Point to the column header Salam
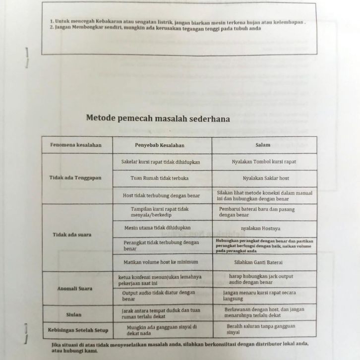point(263,145)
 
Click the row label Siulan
point(73,314)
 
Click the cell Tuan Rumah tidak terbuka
point(160,178)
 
